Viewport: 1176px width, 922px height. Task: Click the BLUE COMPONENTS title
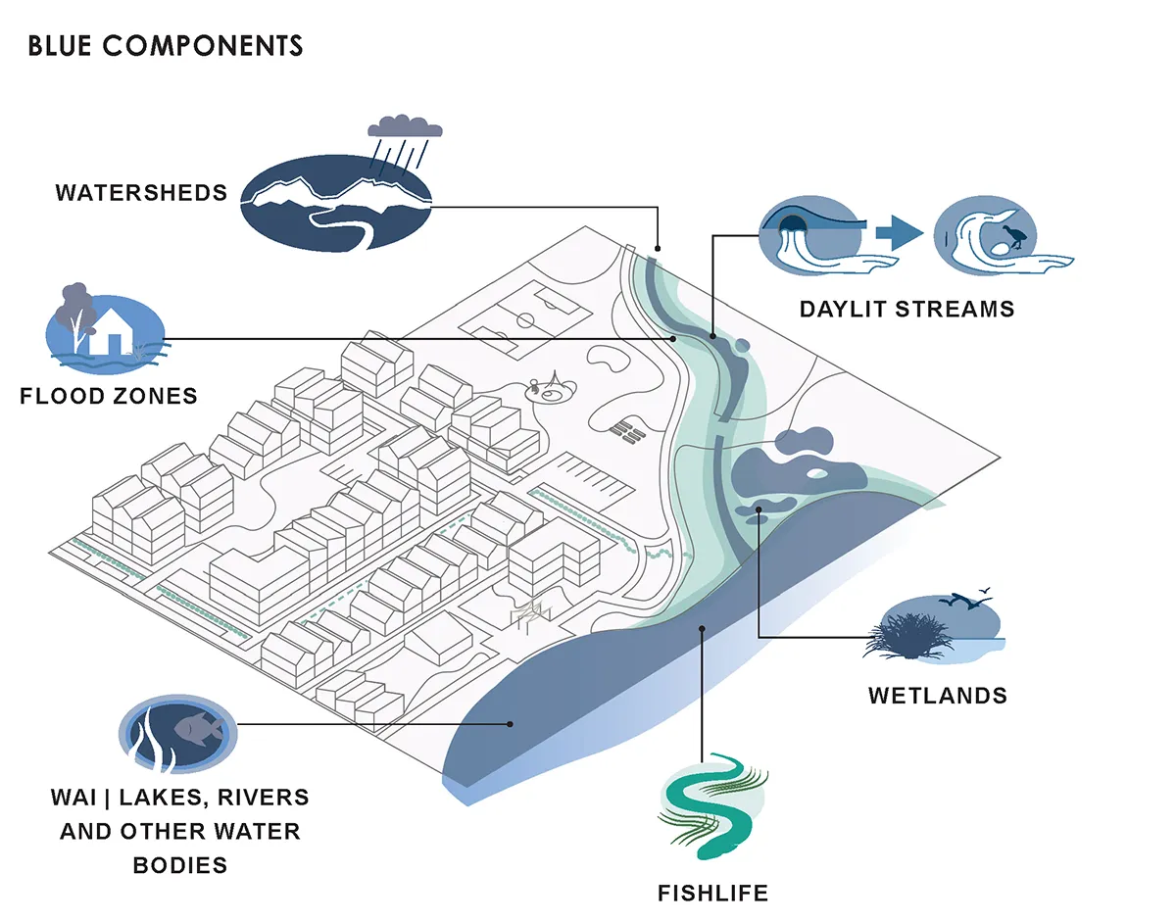[165, 45]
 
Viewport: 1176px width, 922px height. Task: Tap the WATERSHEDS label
[141, 193]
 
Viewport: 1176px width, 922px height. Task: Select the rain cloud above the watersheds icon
[405, 126]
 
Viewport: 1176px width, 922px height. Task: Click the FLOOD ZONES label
[109, 396]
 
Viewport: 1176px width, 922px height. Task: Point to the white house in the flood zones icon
[111, 331]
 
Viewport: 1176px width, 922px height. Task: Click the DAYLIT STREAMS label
[907, 310]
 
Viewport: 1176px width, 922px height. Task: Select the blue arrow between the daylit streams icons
[899, 233]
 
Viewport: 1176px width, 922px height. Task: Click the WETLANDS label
[938, 696]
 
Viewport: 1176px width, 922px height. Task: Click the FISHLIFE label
[712, 894]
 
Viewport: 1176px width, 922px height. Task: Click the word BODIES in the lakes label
[180, 865]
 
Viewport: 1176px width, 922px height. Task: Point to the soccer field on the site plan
[525, 320]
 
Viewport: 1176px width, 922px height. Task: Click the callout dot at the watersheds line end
[658, 249]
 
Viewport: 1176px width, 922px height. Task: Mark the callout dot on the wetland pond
[759, 510]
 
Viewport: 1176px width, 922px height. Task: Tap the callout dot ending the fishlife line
[702, 629]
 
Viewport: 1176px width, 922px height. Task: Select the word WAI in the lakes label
[73, 797]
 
